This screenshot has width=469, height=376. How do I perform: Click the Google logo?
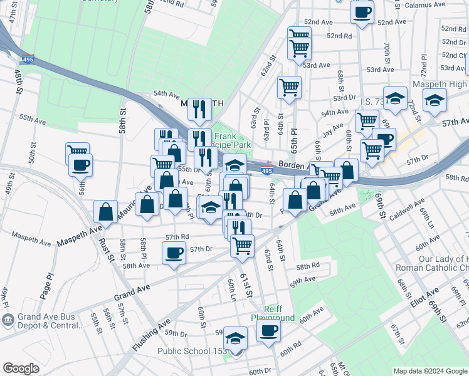pyautogui.click(x=21, y=368)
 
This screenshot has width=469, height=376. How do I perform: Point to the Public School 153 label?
pyautogui.click(x=191, y=352)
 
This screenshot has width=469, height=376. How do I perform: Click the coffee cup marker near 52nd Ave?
pyautogui.click(x=362, y=13)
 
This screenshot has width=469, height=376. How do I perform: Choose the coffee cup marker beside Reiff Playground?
pyautogui.click(x=268, y=330)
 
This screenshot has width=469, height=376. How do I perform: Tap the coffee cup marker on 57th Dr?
pyautogui.click(x=174, y=253)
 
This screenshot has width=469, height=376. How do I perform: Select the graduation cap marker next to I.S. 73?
pyautogui.click(x=395, y=98)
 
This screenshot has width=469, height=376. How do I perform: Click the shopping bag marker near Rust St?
pyautogui.click(x=106, y=211)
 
